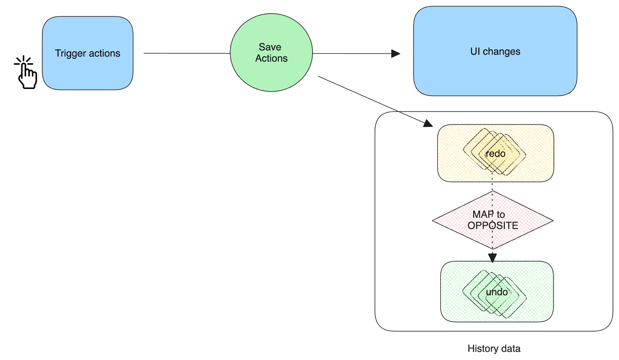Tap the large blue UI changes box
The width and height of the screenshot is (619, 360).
click(x=495, y=74)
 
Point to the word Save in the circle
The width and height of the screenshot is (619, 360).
click(x=270, y=47)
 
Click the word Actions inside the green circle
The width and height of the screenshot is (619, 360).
click(x=271, y=58)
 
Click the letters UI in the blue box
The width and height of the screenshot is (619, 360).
click(x=475, y=51)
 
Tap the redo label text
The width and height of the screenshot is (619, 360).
click(x=495, y=154)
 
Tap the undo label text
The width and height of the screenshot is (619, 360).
click(x=497, y=292)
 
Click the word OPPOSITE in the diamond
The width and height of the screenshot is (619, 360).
click(x=492, y=225)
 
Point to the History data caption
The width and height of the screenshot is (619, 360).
click(x=494, y=348)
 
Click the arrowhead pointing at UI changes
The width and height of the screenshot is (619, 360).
click(x=395, y=54)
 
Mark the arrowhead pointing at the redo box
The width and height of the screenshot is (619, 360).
click(x=428, y=123)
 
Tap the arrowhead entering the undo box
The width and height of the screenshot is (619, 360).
click(x=492, y=257)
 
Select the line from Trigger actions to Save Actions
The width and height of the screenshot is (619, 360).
click(x=186, y=53)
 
